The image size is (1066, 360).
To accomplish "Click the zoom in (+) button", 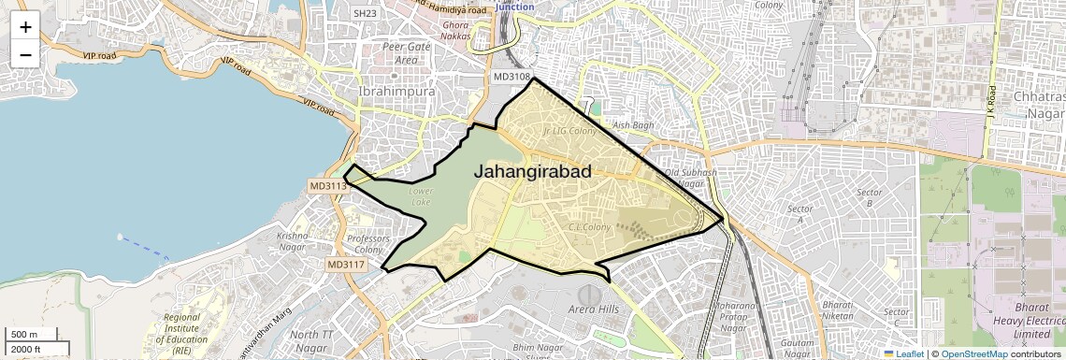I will (x=25, y=25).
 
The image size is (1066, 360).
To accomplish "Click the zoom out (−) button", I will (x=25, y=54).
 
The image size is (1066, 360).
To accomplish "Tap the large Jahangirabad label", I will (x=532, y=172).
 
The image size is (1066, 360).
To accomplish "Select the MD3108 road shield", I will (x=511, y=77).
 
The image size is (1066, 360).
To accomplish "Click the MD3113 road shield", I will (x=328, y=186).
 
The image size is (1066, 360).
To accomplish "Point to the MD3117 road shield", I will (x=345, y=265).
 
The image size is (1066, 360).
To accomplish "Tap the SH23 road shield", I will (x=365, y=13).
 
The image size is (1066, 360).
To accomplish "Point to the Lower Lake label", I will (x=421, y=196).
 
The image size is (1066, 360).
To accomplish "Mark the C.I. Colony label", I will (x=589, y=227).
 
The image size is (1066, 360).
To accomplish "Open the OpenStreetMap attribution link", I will (x=973, y=353).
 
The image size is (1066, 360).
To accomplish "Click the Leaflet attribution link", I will (x=906, y=353).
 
